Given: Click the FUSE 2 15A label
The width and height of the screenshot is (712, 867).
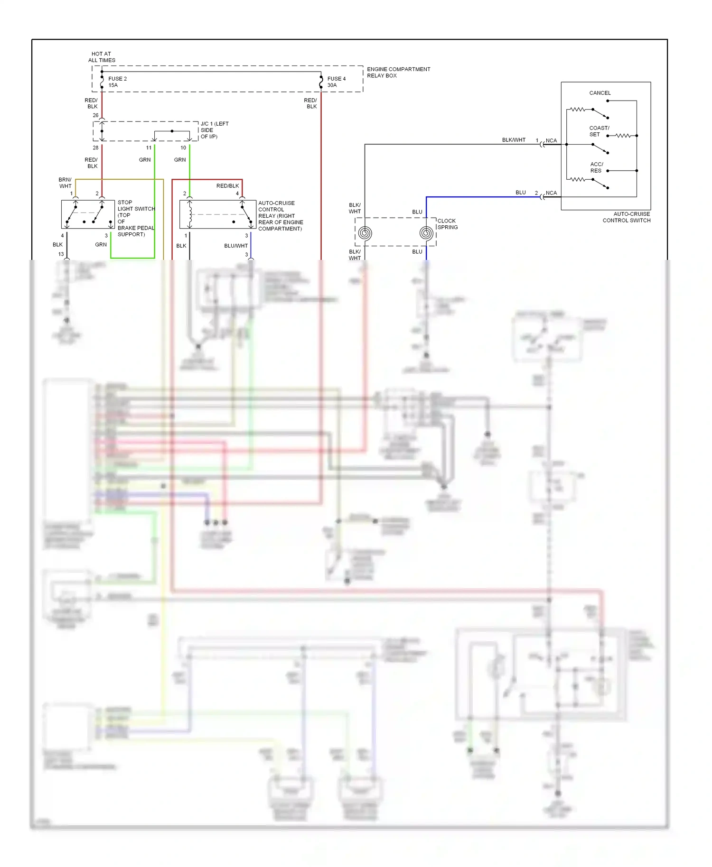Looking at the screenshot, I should click(117, 82).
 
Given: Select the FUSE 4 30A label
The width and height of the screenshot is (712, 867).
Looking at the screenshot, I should click(336, 82).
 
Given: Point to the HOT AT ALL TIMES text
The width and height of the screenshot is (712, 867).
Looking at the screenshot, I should click(102, 57).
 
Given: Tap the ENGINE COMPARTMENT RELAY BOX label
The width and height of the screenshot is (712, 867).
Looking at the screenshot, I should click(398, 72).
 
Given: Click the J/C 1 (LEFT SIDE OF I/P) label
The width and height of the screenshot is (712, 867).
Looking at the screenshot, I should click(214, 130).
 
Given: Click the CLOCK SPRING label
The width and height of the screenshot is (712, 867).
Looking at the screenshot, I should click(447, 224).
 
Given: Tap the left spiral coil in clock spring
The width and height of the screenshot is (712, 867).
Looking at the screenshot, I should click(365, 233).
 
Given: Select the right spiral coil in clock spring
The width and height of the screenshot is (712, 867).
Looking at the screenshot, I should click(426, 233).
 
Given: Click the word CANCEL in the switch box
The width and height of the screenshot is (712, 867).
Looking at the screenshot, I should click(600, 93).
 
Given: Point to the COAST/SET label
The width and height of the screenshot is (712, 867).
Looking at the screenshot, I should click(599, 131).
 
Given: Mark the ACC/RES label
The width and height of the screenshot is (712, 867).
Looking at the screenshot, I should click(596, 167).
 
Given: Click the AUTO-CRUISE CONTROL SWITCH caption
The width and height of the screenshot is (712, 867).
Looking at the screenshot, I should click(626, 217).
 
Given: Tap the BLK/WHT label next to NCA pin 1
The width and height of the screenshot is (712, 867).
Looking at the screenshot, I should click(514, 140).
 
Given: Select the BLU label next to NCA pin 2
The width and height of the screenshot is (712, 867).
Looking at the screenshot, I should click(520, 193).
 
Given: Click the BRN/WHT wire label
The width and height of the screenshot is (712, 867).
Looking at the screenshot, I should click(65, 183).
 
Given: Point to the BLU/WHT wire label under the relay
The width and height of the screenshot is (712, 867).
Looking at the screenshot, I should click(235, 246).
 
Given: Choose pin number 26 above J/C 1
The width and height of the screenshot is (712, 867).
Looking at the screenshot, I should click(95, 115).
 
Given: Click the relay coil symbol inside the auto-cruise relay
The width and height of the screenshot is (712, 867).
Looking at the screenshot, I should click(190, 214).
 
